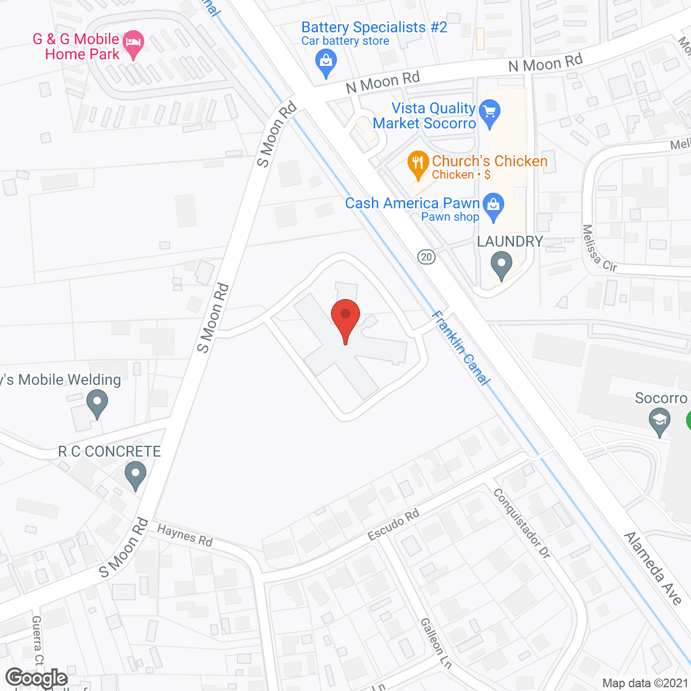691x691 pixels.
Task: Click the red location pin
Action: click(345, 316)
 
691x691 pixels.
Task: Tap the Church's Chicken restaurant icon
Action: click(418, 163)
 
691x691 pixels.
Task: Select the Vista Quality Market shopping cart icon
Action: click(490, 112)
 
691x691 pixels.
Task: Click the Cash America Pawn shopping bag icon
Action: click(493, 206)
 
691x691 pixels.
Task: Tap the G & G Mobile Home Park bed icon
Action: click(133, 43)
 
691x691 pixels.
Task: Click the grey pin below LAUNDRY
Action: click(502, 265)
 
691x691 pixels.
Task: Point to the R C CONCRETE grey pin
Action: click(135, 476)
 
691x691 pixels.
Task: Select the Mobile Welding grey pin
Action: click(97, 403)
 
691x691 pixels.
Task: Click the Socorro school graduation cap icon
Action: click(659, 421)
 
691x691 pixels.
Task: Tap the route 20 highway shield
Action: click(426, 257)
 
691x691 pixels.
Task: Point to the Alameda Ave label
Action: click(653, 567)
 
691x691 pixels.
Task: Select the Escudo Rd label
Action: click(394, 524)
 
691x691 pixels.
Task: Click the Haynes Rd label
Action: click(185, 536)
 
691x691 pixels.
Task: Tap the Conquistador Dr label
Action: click(521, 523)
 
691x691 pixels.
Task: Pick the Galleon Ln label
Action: click(435, 643)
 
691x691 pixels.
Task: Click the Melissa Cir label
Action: click(599, 249)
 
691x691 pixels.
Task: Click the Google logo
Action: click(37, 678)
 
